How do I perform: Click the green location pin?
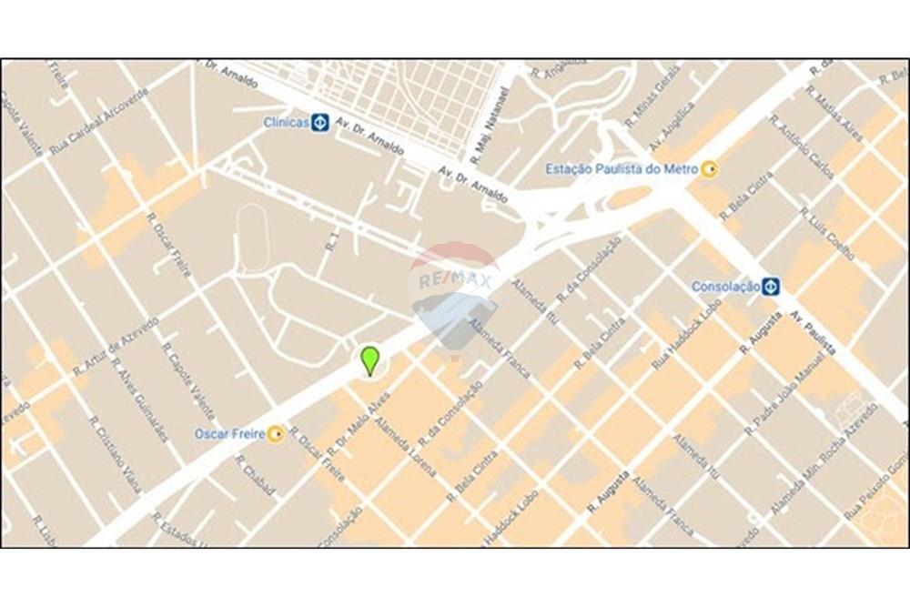point(369,359)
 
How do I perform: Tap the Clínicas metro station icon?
point(319,122)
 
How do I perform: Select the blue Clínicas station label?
point(286,122)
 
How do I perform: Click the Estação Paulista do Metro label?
point(622,169)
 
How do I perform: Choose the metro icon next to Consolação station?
point(771,286)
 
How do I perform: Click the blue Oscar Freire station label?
point(229,434)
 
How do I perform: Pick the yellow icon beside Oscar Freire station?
point(275,434)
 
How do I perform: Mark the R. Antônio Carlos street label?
point(801,145)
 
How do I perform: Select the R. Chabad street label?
point(256,475)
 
